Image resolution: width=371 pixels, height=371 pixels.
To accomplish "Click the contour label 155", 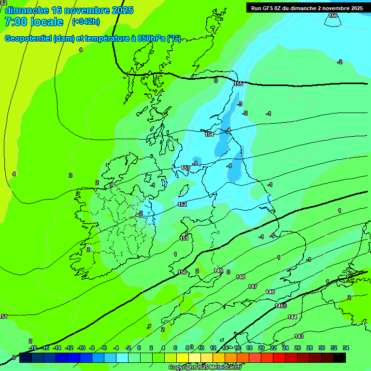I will tap(238, 84).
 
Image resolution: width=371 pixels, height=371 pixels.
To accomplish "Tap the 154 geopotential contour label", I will tap(209, 134).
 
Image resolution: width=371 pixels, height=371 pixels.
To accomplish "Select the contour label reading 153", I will tap(185, 168).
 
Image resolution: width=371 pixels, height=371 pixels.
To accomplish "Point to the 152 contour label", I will tap(182, 204).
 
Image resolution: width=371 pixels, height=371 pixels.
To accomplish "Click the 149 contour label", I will tap(218, 271).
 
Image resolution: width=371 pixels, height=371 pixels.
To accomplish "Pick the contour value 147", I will tap(253, 286).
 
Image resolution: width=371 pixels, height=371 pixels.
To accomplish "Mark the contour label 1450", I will tap(281, 306).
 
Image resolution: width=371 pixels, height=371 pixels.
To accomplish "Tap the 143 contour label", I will tap(299, 336).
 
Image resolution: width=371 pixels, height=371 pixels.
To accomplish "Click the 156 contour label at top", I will tap(333, 16).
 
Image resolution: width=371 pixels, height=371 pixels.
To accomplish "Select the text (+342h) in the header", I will tap(86, 22).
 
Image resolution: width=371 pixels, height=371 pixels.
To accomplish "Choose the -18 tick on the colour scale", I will tap(33, 348).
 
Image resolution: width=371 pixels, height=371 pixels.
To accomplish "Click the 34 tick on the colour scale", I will tap(346, 348).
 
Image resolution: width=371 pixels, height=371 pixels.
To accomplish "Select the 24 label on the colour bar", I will tap(285, 348).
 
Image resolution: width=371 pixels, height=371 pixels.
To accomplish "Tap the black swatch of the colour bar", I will tap(339, 357).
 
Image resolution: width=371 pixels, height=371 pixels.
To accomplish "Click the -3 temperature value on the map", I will tap(240, 104).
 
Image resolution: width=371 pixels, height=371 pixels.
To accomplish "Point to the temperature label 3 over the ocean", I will tap(71, 175).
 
